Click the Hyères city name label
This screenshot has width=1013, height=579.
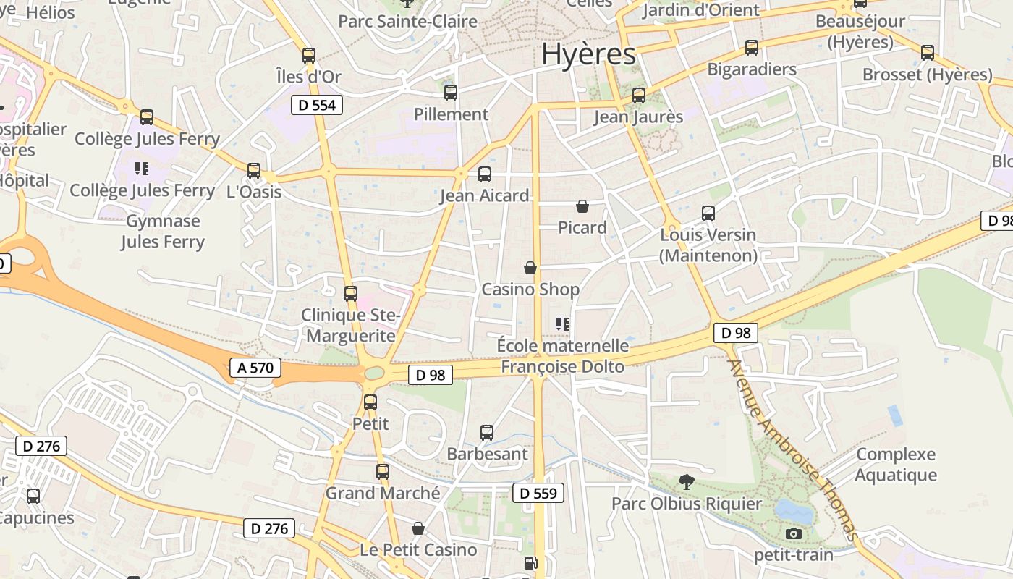click(588, 54)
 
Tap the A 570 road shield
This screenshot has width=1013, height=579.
click(255, 368)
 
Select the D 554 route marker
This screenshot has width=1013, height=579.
click(317, 105)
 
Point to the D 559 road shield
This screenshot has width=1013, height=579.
click(538, 494)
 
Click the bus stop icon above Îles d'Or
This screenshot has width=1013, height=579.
click(309, 55)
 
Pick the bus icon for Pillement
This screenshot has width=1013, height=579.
click(451, 93)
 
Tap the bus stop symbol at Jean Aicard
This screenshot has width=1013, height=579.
click(485, 174)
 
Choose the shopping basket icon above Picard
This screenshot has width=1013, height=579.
click(582, 206)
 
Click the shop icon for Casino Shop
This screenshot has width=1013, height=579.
click(530, 269)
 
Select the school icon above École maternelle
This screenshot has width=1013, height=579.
click(563, 324)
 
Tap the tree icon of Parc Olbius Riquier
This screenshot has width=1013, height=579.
click(686, 481)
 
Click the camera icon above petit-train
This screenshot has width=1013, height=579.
click(794, 534)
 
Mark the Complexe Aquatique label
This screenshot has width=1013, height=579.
click(896, 465)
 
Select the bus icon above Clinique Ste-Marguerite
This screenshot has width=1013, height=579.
click(351, 293)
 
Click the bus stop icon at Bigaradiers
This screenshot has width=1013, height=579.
click(752, 48)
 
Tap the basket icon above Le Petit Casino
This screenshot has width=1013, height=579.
click(418, 528)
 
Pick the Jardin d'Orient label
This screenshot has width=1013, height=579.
click(701, 10)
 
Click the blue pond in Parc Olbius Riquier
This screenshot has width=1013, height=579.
click(794, 510)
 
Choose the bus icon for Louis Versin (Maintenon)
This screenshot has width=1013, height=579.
click(708, 214)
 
